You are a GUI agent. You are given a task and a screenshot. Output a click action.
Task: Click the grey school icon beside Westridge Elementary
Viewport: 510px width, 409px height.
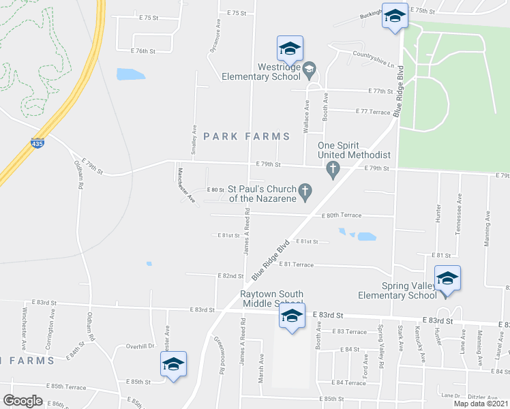tap(309, 68)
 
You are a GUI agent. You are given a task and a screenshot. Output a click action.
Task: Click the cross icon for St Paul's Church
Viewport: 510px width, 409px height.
tap(306, 192)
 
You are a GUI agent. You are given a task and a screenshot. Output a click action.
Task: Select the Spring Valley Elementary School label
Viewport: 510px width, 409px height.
tap(397, 290)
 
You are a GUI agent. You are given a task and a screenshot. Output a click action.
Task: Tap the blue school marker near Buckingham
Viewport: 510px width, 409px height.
tap(394, 17)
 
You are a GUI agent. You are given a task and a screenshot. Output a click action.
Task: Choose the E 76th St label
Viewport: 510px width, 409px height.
tap(143, 51)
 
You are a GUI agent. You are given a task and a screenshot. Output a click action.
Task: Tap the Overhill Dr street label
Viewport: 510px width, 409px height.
tap(142, 346)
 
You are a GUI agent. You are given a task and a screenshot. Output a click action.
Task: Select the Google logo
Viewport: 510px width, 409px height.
tap(22, 401)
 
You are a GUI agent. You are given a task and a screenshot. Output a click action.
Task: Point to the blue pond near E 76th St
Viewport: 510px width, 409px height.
tap(127, 74)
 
